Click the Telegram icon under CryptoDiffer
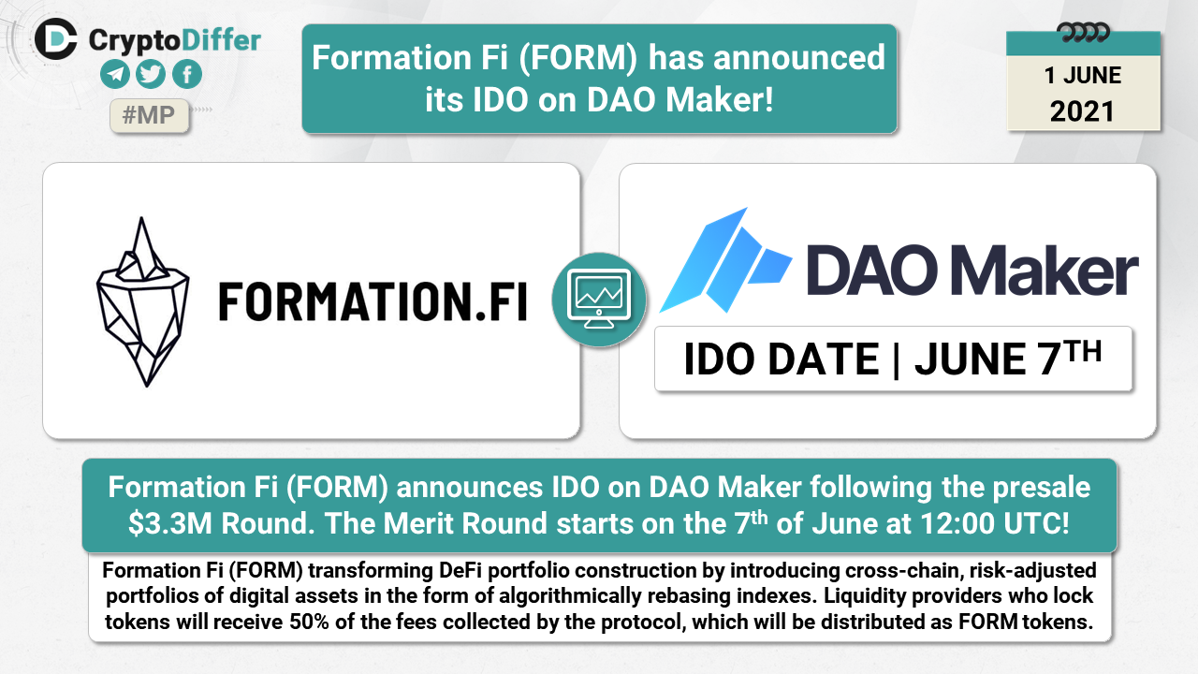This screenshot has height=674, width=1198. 115,74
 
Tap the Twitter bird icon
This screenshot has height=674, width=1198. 151,74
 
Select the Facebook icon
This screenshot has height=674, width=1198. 187,74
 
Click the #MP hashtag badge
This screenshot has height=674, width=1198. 149,115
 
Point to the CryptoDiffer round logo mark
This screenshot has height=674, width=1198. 56,39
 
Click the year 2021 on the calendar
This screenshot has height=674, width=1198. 1082,111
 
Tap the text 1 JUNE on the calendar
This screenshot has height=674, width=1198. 1083,76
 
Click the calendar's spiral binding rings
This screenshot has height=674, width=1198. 1083,33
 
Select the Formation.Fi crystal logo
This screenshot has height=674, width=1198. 143,301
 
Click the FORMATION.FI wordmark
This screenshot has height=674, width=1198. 373,302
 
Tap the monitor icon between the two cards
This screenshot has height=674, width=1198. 599,300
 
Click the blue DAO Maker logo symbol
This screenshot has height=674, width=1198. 725,260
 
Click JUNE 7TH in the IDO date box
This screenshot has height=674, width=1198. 1008,359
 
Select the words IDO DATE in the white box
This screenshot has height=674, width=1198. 782,359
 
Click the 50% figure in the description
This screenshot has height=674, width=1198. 309,623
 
